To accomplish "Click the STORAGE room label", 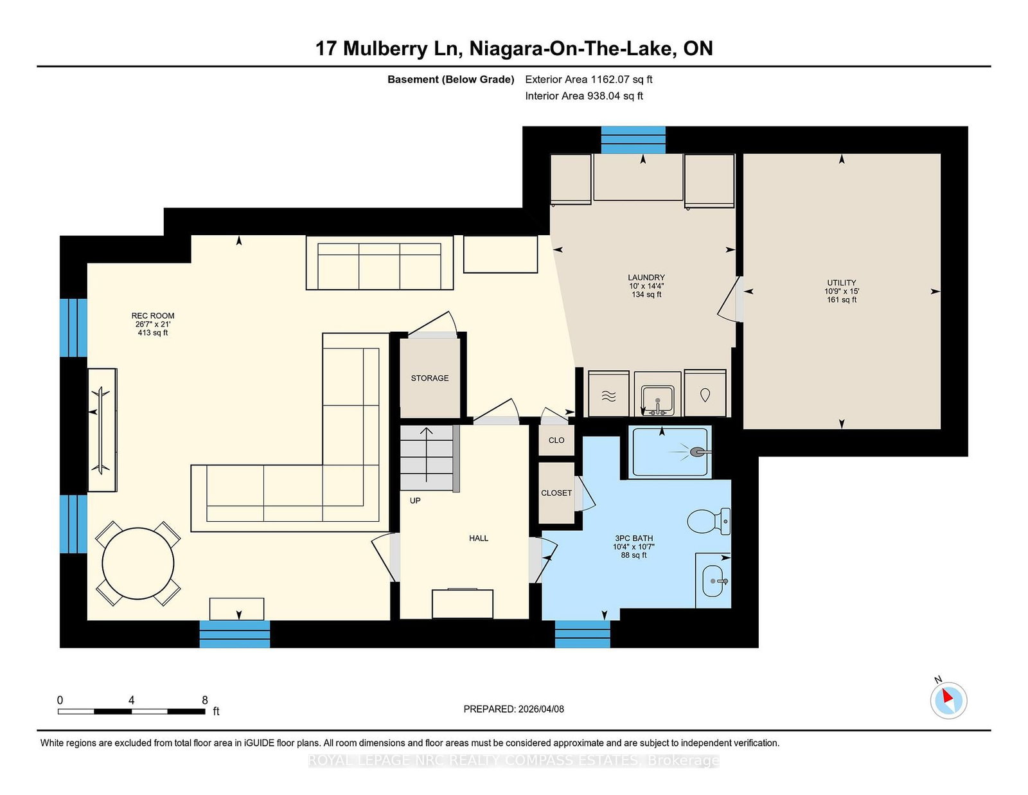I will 430,378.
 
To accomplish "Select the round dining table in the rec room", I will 137,564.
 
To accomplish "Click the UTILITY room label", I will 841,283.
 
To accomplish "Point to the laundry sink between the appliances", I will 657,400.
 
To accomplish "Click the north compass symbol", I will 948,699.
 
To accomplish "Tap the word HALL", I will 478,538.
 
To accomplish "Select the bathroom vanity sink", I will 713,581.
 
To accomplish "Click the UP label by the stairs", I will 415,501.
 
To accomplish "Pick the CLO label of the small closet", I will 556,440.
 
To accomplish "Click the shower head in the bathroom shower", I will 697,452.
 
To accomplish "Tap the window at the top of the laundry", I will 633,139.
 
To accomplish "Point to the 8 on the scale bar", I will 205,700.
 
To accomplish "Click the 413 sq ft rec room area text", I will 153,333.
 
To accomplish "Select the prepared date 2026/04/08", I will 540,709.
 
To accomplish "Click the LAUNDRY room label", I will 646,278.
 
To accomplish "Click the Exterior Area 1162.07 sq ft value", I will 589,80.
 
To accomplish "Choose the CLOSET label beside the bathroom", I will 556,493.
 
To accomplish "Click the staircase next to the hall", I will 427,458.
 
